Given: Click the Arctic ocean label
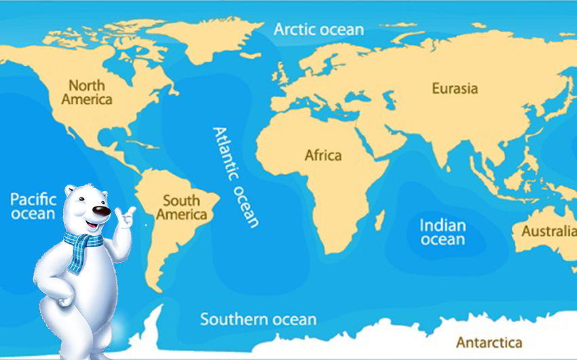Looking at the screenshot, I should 318,30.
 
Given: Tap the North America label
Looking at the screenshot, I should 87,92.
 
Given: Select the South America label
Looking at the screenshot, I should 181,208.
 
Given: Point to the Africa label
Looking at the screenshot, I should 322,156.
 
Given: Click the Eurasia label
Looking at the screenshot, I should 455,88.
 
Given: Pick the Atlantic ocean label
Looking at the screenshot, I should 236,177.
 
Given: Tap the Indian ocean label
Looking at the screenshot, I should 443,232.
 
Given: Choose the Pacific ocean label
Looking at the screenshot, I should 33,206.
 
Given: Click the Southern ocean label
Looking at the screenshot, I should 258,319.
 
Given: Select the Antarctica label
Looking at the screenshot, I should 489,342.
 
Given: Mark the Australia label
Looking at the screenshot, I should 548,232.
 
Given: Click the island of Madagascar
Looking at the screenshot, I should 380,219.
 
